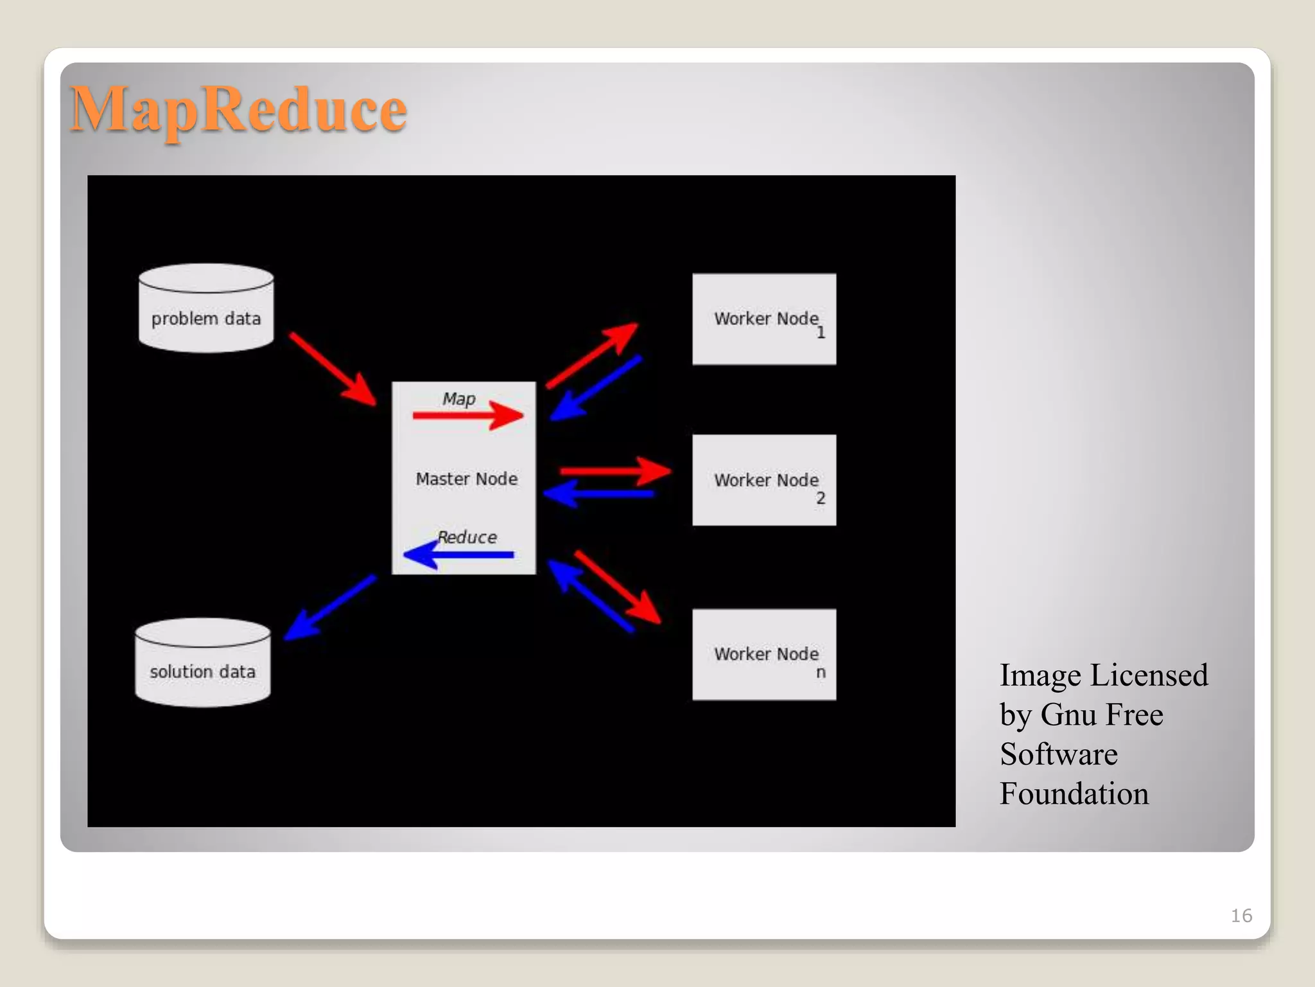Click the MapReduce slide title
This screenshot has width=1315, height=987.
(x=238, y=110)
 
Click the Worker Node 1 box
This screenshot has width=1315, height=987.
(x=764, y=319)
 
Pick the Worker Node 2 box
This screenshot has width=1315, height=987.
(x=764, y=480)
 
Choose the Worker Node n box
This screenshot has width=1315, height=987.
(x=764, y=654)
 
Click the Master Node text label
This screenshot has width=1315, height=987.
(x=467, y=479)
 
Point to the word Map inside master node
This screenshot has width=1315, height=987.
(x=459, y=399)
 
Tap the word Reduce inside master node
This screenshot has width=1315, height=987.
(x=467, y=537)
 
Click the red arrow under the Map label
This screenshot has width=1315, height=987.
(x=469, y=416)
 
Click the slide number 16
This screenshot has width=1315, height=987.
(x=1241, y=916)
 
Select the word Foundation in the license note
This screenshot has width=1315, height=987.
(x=1074, y=794)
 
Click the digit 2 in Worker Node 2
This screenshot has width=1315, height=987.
(x=821, y=498)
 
